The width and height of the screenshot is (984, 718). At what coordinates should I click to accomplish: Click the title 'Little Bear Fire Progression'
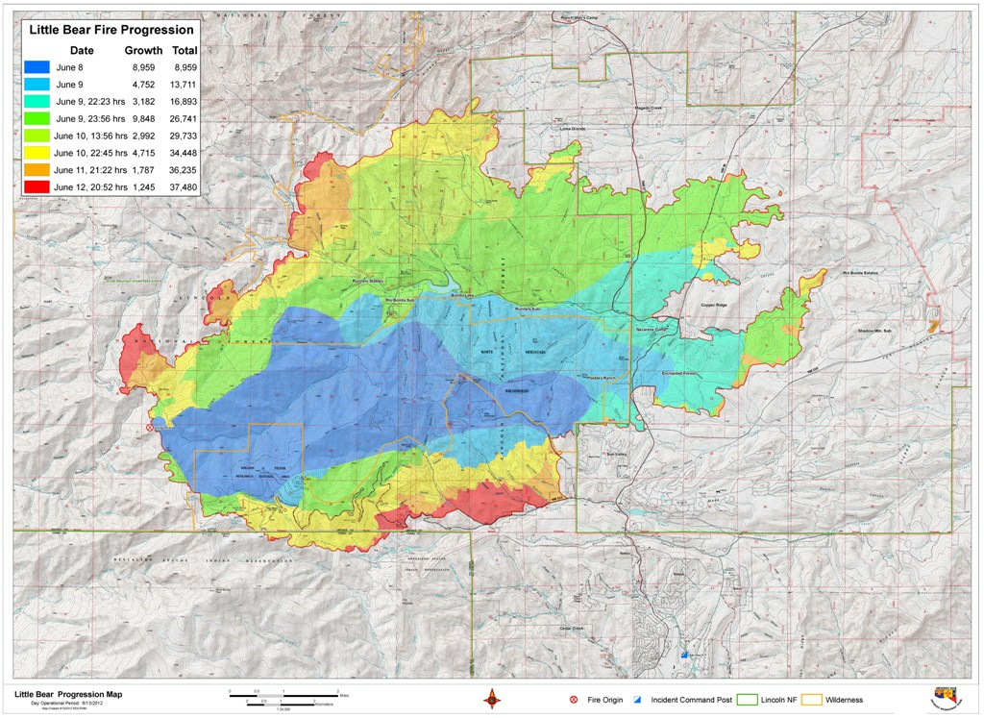[x=111, y=29]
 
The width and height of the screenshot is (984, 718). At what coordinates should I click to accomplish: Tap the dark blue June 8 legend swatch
[x=37, y=67]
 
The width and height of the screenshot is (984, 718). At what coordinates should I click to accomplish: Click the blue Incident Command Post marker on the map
[x=684, y=654]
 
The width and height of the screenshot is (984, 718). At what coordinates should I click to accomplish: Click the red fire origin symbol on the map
[x=149, y=429]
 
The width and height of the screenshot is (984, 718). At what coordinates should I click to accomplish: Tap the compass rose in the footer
[x=490, y=699]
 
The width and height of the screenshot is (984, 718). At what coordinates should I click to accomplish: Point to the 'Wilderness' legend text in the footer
[x=843, y=700]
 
